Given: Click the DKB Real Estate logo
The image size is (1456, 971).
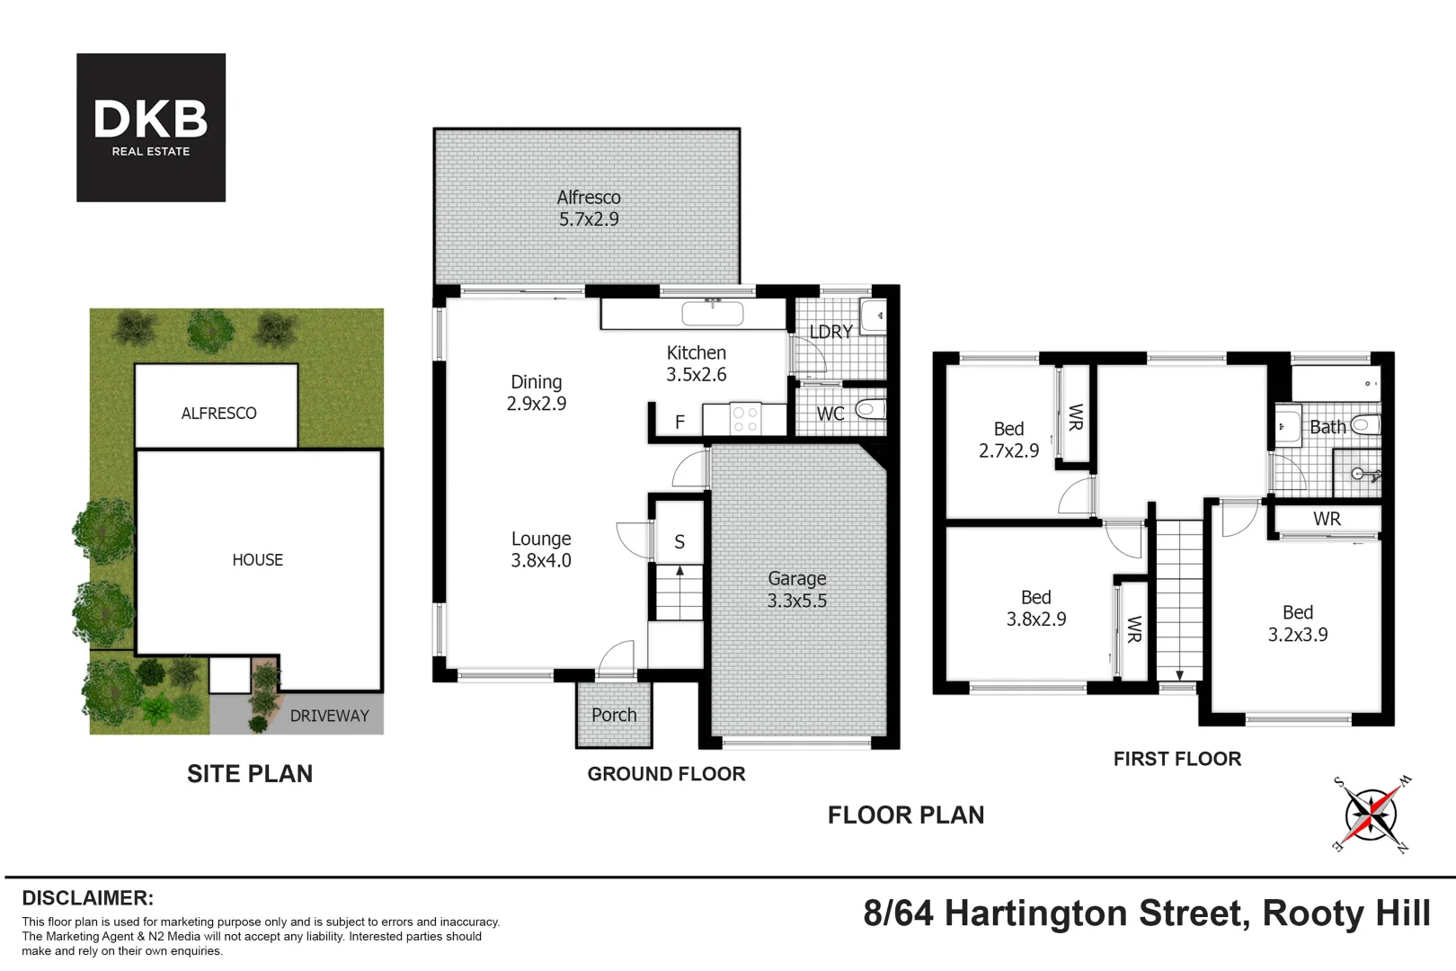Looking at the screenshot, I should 151,128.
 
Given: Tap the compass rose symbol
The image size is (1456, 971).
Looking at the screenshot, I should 1371,815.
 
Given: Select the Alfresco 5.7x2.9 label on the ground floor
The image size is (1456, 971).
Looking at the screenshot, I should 589,208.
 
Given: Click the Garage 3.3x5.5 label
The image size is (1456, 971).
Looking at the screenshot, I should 796,590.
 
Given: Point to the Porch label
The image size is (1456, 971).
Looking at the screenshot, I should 614,715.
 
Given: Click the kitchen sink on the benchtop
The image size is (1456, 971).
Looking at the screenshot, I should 713,313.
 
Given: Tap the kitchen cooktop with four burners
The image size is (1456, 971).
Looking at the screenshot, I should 745,419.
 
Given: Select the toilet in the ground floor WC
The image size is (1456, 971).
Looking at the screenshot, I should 869,410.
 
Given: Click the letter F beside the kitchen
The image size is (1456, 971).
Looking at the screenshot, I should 680,422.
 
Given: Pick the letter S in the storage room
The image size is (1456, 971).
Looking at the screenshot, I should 679,542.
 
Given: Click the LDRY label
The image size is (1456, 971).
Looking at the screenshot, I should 830,332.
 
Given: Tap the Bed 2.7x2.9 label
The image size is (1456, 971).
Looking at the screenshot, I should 1008,440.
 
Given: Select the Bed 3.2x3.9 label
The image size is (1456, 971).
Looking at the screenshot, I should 1298,623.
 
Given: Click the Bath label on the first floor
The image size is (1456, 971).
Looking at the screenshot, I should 1327,427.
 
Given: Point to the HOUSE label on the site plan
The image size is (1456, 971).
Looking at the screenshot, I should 258,559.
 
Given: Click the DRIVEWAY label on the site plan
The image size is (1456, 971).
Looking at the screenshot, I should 329,716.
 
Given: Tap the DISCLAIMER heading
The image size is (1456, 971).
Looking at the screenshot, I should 88,898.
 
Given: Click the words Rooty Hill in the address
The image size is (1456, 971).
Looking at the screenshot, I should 1346,913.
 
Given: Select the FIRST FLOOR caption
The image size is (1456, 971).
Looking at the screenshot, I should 1177,759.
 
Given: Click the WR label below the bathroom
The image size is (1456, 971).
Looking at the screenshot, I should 1327,519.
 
